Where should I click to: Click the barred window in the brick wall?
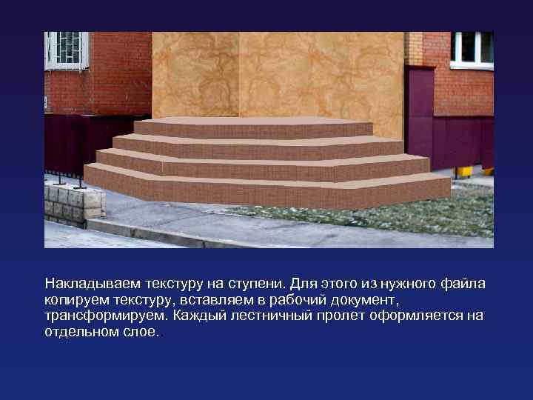coord(66,50)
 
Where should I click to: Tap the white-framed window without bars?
coord(472,48)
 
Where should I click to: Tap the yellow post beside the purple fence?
coord(465,172)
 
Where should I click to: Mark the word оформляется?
coord(421,316)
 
